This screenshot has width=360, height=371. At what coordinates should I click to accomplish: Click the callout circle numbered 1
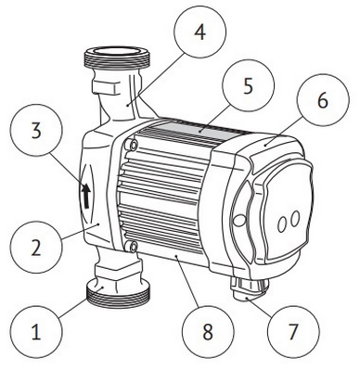point(36,333)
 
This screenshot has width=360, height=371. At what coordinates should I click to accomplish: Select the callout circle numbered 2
point(36,247)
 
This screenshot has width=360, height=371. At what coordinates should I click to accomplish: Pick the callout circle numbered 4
point(200,32)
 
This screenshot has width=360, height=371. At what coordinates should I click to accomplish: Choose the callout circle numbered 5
point(249,85)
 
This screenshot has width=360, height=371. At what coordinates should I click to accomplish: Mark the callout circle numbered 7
point(292,331)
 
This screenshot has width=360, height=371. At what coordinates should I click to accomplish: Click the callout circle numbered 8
point(208,332)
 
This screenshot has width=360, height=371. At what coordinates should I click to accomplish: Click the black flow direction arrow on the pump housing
point(86,196)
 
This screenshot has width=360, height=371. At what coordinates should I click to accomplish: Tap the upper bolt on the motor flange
point(134,145)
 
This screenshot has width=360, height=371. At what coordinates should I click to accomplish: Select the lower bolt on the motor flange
point(134,247)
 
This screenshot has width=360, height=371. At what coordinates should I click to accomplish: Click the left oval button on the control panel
point(282,224)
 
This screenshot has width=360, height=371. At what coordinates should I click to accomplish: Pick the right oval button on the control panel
point(295,220)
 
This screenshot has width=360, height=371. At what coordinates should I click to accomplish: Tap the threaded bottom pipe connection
point(118,296)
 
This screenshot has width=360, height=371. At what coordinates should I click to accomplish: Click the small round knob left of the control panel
point(238,221)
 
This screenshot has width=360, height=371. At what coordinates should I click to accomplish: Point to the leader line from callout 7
point(260,306)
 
